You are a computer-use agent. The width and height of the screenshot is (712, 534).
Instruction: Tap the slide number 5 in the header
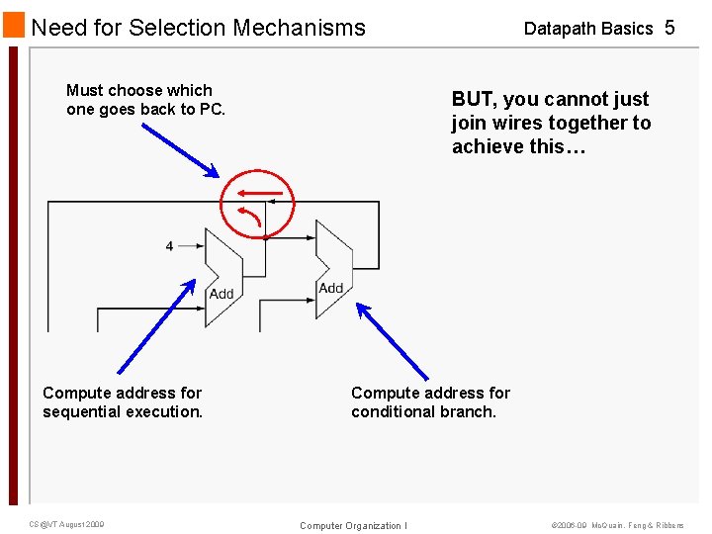coord(669,28)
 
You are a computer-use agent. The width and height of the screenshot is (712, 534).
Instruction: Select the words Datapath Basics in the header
coord(588,29)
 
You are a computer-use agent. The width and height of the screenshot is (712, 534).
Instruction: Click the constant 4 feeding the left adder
coord(169,245)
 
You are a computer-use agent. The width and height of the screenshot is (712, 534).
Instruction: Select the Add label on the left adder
coord(222,294)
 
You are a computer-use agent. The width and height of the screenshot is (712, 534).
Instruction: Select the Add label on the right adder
coord(331,288)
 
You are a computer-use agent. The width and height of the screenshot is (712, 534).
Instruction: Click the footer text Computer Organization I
coord(353,525)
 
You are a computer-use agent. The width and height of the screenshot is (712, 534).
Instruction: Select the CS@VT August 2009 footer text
coord(66,524)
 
